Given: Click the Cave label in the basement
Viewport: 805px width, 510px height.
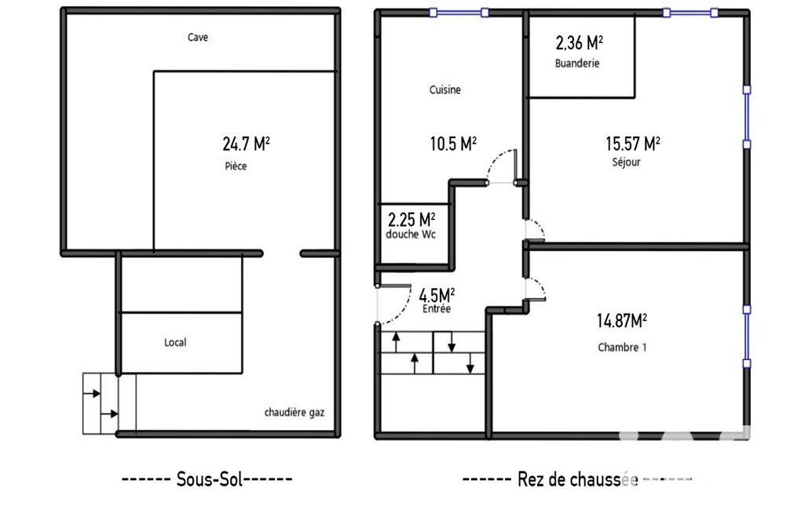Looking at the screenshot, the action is (x=198, y=37).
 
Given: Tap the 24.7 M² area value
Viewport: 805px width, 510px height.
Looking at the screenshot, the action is (x=246, y=144).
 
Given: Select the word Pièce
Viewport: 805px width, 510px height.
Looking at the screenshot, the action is (x=236, y=166).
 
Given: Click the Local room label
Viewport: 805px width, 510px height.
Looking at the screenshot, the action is (x=175, y=342).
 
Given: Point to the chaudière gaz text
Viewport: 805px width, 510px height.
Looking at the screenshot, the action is (x=295, y=413).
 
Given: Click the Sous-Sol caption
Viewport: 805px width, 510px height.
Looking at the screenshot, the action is (x=207, y=479).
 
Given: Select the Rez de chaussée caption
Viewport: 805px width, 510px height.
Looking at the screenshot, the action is (x=577, y=479).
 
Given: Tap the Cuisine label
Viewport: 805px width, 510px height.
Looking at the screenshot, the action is (x=445, y=89).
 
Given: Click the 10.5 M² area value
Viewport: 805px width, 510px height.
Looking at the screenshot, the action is (x=453, y=144).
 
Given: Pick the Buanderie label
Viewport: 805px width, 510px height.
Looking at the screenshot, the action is (x=577, y=64).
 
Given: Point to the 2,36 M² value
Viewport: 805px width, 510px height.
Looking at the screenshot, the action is (x=579, y=42).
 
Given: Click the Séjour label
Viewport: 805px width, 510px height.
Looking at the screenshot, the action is (x=627, y=162).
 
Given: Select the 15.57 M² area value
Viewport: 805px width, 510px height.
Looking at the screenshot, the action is (x=632, y=144).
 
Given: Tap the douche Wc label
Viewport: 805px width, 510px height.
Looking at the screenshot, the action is (x=411, y=235).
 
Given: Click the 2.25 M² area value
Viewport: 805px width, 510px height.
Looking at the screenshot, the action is (x=412, y=220).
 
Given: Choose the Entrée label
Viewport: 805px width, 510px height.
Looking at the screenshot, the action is (x=437, y=309).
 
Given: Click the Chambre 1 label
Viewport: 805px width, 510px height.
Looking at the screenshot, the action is (x=622, y=348).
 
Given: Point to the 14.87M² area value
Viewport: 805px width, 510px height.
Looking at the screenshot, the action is (x=622, y=321).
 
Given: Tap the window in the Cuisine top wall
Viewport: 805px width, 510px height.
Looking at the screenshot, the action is (x=459, y=13).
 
